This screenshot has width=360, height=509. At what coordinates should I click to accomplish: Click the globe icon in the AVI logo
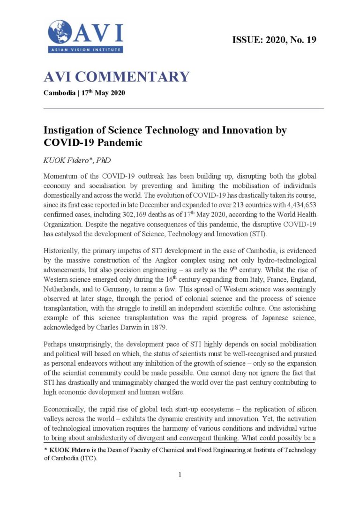coord(60,32)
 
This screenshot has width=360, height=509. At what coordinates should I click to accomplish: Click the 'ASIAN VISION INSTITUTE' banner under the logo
coord(85,49)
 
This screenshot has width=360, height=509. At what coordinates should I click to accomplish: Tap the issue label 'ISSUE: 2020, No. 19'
coord(274,40)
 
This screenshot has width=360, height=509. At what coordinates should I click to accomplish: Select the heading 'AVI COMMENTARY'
coord(116,76)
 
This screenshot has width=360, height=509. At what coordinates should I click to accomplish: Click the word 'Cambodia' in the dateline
coord(59,93)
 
